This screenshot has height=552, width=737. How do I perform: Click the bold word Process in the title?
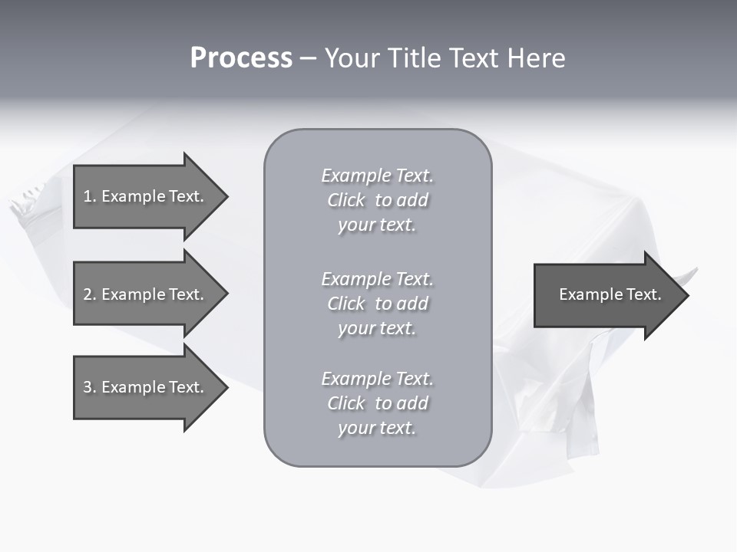(x=241, y=58)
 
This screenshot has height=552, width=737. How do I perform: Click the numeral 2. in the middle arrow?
(x=89, y=294)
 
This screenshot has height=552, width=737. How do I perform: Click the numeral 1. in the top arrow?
(x=89, y=196)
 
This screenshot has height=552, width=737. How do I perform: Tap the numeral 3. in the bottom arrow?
(x=89, y=387)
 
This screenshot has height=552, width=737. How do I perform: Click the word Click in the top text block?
(x=346, y=200)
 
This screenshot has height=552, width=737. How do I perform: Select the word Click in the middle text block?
(x=346, y=304)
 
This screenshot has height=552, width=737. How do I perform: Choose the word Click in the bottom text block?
(x=346, y=403)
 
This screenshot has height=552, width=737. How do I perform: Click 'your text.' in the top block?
(x=377, y=225)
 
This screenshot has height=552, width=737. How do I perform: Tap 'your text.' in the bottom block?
(x=377, y=429)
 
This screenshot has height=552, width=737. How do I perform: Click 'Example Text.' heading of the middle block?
(x=377, y=279)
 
